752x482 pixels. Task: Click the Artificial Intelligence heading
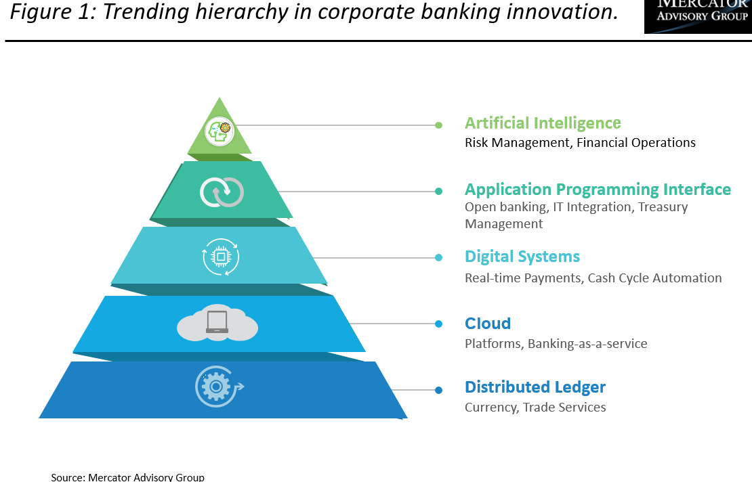pos(543,123)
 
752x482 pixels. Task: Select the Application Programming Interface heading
pos(598,190)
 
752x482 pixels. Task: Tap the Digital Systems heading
pos(522,257)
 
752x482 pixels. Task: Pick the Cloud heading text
pos(488,324)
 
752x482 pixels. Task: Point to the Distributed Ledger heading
pos(535,387)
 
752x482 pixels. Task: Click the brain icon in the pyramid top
pos(220,131)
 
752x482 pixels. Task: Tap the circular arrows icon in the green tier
pos(222,192)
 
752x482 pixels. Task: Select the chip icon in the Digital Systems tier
pos(221,257)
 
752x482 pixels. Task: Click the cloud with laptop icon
pos(217,324)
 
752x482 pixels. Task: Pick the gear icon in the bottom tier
pos(216,387)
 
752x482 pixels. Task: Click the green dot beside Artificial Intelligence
pos(438,125)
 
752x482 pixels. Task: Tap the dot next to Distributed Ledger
pos(438,390)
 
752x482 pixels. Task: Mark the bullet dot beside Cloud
pos(438,324)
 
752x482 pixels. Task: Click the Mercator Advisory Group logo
pos(698,16)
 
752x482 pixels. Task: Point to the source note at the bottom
pos(127,477)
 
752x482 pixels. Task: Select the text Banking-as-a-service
pos(587,344)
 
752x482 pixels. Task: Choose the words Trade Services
pos(564,408)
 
